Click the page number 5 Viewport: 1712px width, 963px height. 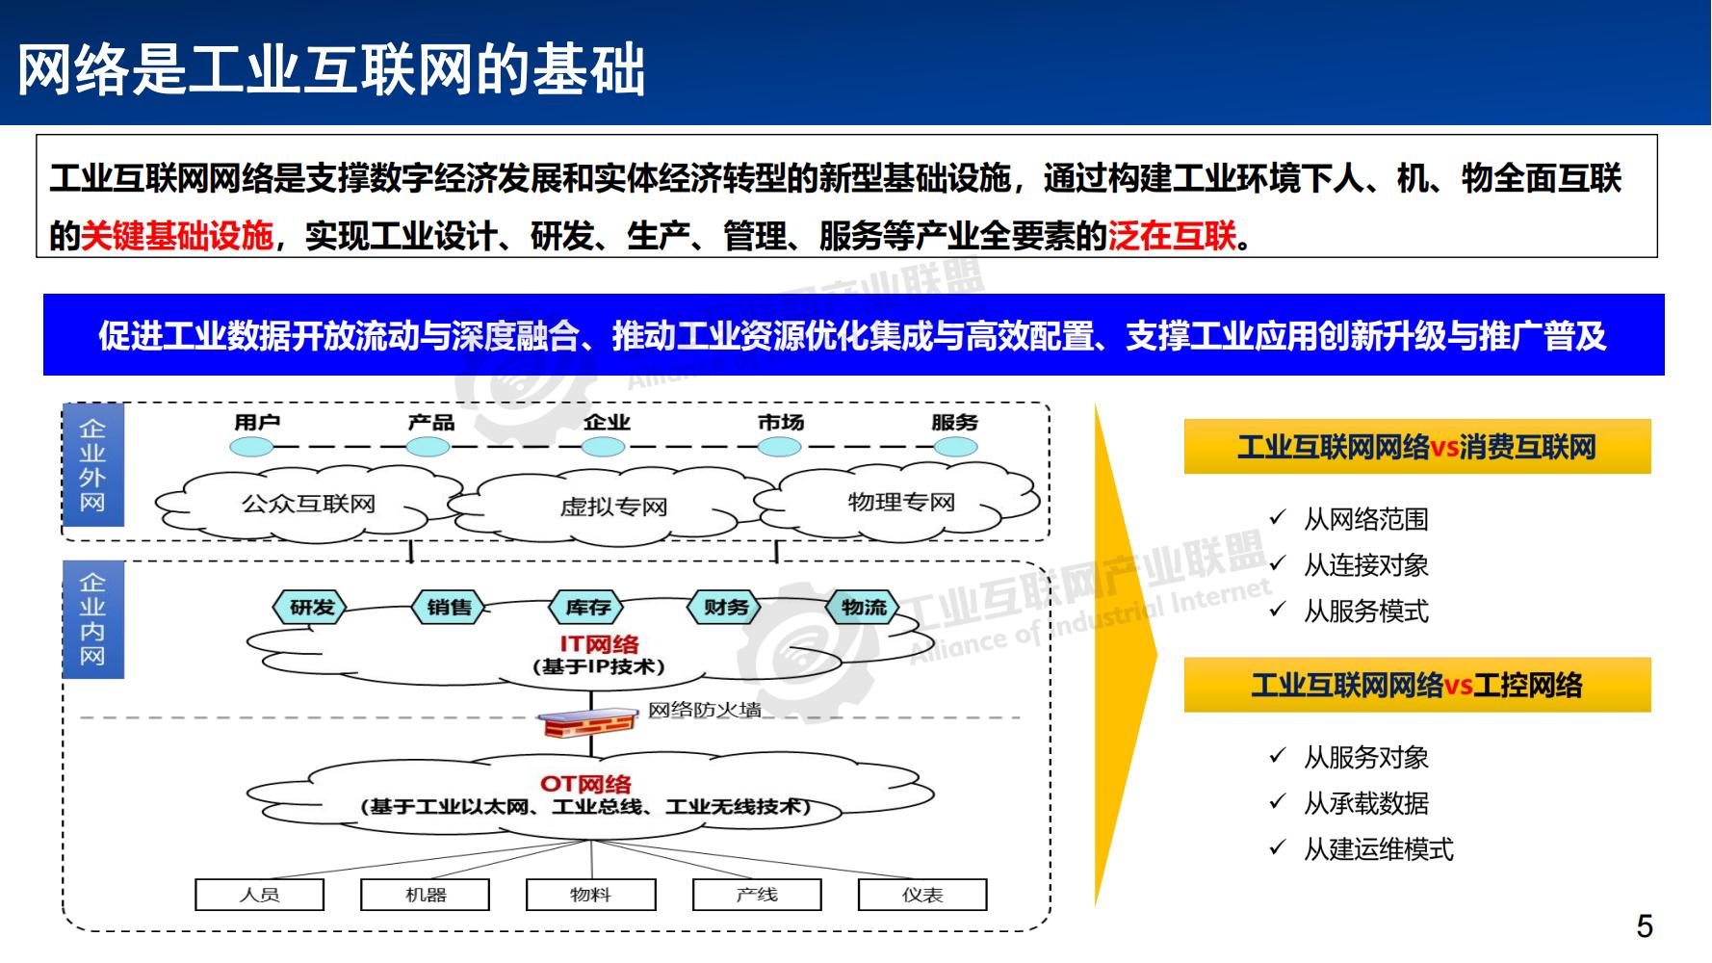click(1644, 926)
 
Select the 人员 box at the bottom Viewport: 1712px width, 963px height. click(259, 895)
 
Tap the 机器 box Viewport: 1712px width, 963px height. click(425, 895)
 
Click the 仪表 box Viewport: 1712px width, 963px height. click(921, 895)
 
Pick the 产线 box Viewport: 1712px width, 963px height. click(757, 895)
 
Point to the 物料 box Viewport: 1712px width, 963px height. click(590, 895)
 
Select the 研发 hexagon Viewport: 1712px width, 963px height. click(312, 608)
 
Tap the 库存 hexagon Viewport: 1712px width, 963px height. click(587, 608)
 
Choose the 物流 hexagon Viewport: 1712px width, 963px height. click(864, 608)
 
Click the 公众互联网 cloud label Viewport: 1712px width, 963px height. click(308, 504)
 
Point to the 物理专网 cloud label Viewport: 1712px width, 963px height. click(901, 502)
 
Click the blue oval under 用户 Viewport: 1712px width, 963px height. click(251, 447)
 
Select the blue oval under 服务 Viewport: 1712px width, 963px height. click(955, 447)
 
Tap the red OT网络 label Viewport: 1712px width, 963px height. click(585, 783)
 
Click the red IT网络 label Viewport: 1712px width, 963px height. click(599, 643)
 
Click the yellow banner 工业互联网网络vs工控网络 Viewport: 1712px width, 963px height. click(1416, 686)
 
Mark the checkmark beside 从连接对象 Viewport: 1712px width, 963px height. click(1278, 563)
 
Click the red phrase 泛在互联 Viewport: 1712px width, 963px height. click(1172, 235)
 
